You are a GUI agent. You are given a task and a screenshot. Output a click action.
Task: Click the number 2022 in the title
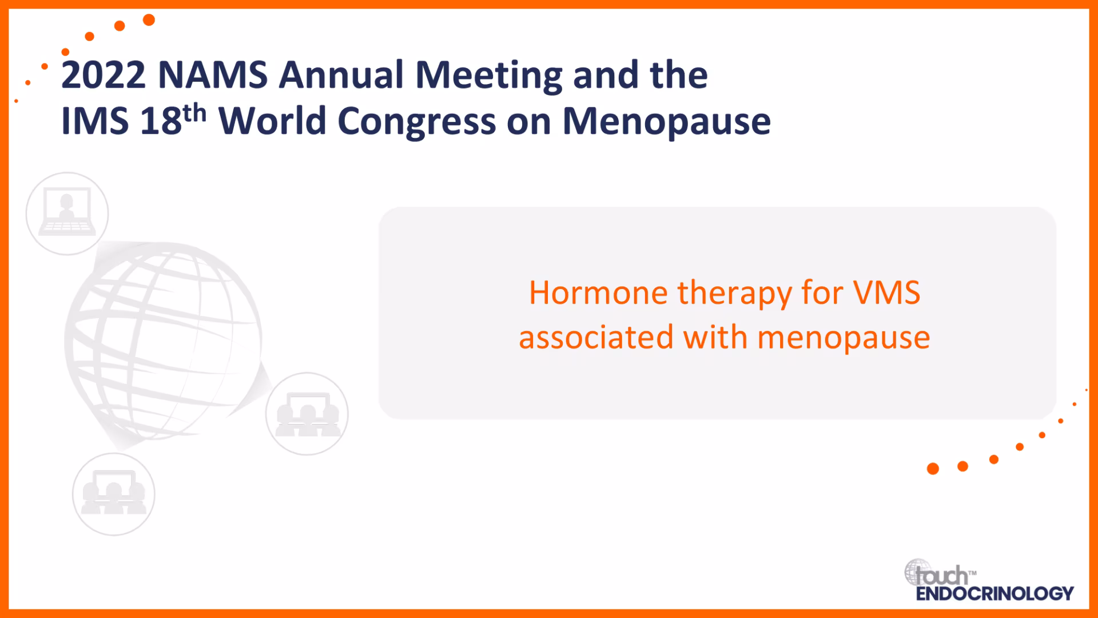104,75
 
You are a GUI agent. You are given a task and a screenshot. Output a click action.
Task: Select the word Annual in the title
341,75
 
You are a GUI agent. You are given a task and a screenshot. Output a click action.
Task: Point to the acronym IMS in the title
95,121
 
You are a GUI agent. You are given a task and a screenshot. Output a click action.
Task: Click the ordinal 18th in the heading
173,120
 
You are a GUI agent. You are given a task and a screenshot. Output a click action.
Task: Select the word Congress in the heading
417,122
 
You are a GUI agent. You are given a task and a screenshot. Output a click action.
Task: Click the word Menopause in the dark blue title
667,122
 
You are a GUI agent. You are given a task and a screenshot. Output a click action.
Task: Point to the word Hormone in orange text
598,293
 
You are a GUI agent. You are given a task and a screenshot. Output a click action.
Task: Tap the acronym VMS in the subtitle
887,293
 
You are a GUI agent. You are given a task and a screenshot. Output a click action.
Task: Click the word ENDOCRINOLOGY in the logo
995,593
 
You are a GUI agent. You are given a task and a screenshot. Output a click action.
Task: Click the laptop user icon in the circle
67,213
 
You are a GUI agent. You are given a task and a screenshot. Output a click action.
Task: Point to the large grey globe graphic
164,343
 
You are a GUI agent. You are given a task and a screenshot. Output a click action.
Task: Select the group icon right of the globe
307,414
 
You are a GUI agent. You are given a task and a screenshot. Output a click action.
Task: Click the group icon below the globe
114,494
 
